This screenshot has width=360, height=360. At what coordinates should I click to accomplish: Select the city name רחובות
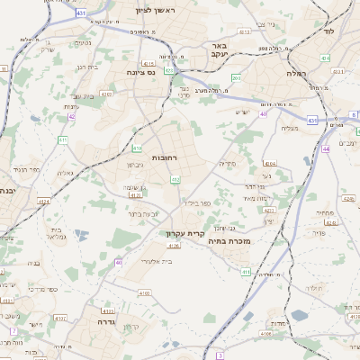coord(165,158)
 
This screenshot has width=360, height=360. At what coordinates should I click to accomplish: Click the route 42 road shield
coord(71,116)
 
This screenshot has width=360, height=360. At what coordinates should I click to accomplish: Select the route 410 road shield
coord(137,148)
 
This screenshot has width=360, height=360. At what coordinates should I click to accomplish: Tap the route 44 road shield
coord(325,148)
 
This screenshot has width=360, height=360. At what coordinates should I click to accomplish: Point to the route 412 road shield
coord(175,180)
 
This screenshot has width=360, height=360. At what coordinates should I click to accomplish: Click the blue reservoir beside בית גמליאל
coord(82,234)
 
